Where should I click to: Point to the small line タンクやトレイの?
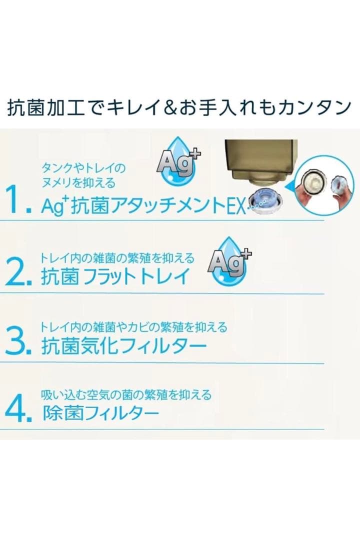click(x=83, y=167)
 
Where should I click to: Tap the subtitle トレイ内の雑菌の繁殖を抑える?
click(x=117, y=258)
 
